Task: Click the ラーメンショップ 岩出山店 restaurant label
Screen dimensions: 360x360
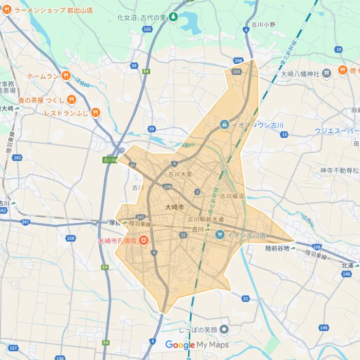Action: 53,10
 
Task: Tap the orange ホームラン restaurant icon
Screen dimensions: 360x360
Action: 65,76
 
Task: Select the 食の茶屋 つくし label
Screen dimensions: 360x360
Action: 41,100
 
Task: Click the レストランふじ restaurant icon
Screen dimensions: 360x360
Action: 96,113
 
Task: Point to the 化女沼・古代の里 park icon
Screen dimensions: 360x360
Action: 173,17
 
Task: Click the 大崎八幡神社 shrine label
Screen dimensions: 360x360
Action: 300,73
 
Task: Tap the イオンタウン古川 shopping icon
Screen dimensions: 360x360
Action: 224,124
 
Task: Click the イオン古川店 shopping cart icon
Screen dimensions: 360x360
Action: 220,235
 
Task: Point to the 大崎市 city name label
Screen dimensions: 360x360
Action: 174,207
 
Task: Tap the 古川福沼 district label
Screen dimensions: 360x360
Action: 232,196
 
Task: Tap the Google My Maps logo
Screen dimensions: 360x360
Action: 197,345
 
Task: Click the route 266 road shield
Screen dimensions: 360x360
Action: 238,61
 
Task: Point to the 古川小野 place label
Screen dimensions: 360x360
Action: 263,25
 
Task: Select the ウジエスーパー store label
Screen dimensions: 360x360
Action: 337,131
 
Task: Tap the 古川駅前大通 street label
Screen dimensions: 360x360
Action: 205,220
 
